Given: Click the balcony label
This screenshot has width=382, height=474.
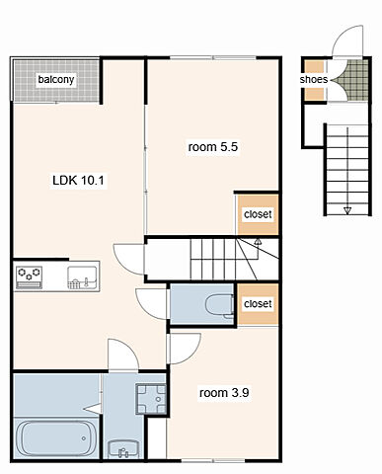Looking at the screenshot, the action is [x=56, y=79].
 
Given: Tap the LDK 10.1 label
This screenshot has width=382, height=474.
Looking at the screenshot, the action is [x=78, y=181].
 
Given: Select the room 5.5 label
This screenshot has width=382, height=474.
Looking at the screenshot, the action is [x=213, y=147].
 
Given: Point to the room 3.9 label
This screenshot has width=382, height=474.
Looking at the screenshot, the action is [x=224, y=393].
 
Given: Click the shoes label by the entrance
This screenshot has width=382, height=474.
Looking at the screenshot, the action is [x=314, y=80].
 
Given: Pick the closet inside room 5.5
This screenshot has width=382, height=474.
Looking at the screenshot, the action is [x=258, y=214].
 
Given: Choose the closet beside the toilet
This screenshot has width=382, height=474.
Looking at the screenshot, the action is [x=258, y=304].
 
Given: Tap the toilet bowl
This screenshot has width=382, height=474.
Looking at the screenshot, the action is [x=219, y=306].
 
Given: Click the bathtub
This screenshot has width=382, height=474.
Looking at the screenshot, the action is [x=56, y=438].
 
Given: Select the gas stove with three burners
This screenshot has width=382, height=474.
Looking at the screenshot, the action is [x=30, y=277].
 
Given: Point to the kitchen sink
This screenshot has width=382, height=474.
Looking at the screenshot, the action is [x=82, y=277].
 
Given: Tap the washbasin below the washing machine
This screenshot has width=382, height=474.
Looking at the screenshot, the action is [x=123, y=448].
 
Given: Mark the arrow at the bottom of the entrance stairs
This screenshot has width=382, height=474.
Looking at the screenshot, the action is [x=347, y=210].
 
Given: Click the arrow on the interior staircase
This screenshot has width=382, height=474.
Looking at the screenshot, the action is [x=259, y=242].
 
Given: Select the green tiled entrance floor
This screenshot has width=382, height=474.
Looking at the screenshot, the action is [x=354, y=80].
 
